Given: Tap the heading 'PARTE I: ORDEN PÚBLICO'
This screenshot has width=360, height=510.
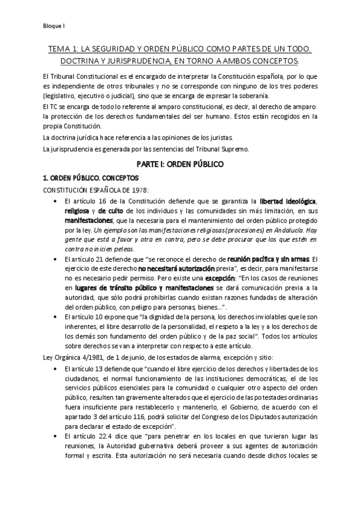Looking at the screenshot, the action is click(180, 164).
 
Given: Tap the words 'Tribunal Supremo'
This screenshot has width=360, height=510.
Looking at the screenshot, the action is click(226, 149).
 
